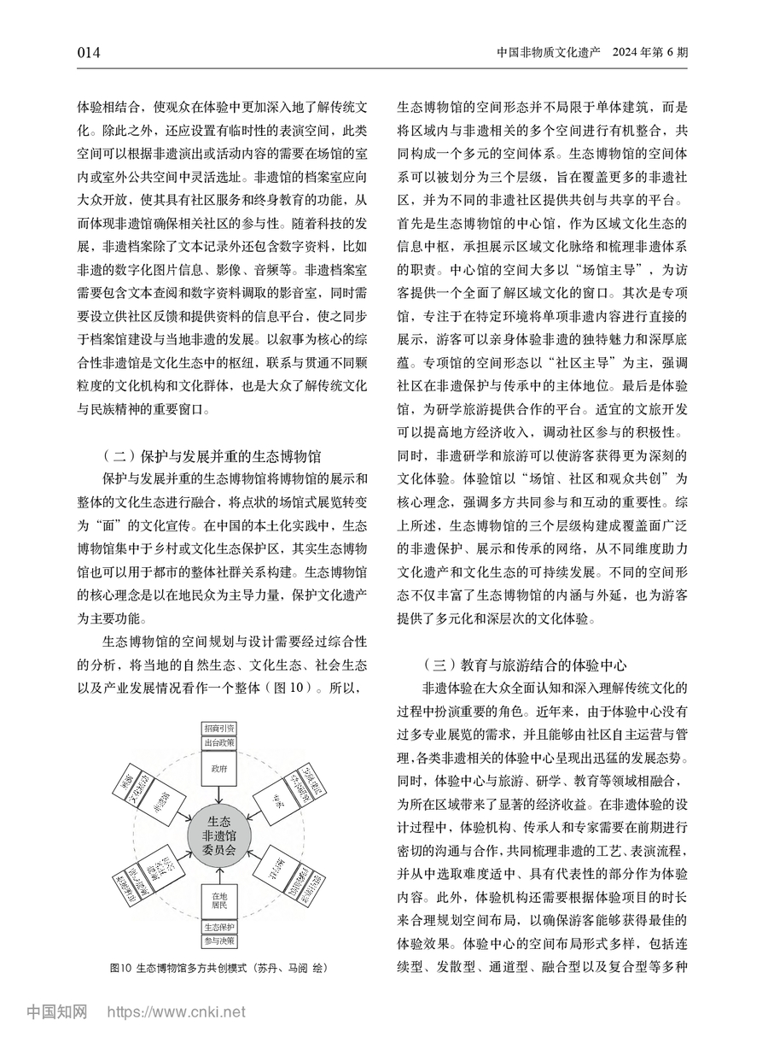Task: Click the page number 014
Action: (89, 53)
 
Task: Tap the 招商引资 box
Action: (219, 728)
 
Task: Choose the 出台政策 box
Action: (219, 742)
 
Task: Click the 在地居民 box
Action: (219, 900)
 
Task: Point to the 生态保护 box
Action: (219, 927)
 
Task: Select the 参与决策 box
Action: (219, 941)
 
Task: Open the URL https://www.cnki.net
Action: (176, 1013)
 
